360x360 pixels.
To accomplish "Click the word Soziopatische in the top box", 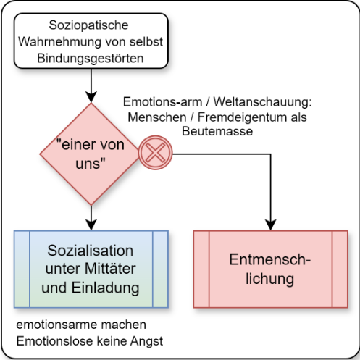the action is click(88, 25).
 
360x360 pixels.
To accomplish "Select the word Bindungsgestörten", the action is click(91, 59).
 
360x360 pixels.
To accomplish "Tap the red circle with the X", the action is click(156, 153).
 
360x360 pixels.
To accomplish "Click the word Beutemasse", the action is click(217, 132).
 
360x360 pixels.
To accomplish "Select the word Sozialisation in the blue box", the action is click(91, 251).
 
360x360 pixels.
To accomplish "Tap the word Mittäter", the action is click(110, 269).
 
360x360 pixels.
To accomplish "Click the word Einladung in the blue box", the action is click(106, 288).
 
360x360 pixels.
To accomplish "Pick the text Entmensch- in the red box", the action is click(269, 259).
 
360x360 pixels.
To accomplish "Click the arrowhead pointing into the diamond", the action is click(91, 97).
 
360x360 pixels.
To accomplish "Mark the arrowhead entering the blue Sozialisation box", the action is click(91, 225).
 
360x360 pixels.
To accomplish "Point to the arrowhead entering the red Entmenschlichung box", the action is click(271, 225).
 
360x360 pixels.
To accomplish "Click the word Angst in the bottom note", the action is click(146, 341).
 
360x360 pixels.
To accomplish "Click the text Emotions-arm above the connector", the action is click(162, 102).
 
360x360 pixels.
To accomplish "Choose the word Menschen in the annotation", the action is click(157, 117).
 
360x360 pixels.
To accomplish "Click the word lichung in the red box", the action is click(269, 279).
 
